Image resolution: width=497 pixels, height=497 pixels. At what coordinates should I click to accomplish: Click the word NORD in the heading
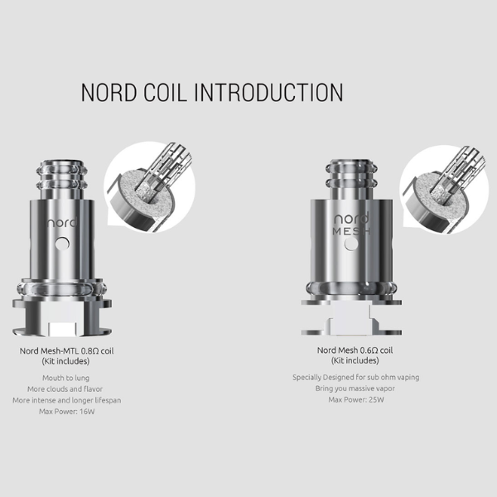(109, 93)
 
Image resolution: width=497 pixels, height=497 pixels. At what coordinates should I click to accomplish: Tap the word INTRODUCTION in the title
(268, 93)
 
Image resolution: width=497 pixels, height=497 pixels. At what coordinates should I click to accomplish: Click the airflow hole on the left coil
(62, 244)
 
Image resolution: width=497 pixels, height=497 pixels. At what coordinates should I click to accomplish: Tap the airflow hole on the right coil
(351, 244)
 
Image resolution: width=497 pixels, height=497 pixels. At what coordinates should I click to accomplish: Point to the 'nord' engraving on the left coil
(62, 223)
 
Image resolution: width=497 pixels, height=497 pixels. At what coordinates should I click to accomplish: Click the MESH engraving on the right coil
(351, 231)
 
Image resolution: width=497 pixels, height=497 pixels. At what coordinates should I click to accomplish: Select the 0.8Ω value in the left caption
(90, 351)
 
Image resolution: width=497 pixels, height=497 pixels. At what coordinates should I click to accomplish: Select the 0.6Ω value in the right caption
(369, 350)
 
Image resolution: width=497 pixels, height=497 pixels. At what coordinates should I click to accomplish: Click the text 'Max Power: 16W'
(67, 412)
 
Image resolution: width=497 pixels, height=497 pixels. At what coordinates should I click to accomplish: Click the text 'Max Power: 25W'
(356, 399)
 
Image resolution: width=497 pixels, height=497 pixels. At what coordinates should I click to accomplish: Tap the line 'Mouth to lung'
(66, 378)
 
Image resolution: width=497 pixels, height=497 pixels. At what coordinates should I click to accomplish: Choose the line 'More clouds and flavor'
(65, 389)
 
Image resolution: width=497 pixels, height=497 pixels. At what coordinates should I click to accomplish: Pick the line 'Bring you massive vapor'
(355, 388)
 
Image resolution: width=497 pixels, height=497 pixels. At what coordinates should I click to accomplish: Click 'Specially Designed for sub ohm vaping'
(356, 377)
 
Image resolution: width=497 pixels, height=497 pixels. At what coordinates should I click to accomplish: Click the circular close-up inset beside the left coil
(150, 187)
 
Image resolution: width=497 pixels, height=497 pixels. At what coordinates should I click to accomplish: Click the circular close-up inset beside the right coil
(444, 190)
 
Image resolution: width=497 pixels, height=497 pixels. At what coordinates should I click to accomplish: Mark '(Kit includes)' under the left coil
(65, 361)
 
